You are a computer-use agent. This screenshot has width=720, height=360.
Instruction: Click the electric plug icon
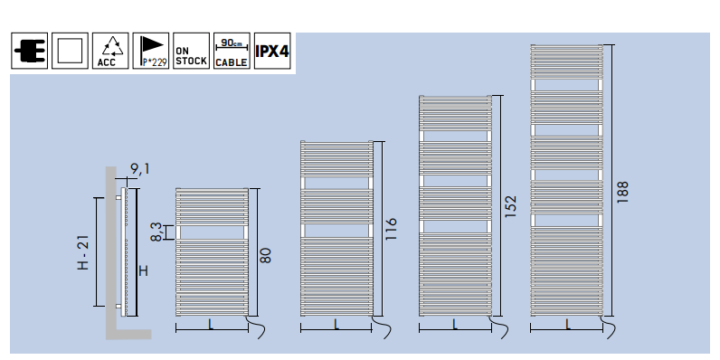29,51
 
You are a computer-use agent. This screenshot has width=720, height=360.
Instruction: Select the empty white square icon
70,51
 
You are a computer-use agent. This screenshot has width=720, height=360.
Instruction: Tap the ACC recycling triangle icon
110,51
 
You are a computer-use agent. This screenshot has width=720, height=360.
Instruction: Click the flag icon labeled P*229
151,51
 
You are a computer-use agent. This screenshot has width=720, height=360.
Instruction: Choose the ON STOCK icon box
192,51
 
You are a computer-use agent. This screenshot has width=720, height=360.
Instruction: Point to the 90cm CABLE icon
232,51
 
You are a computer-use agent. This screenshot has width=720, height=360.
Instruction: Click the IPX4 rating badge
272,51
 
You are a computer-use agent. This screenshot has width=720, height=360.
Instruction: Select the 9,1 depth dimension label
140,169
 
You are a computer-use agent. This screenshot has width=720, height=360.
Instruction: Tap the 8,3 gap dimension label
156,232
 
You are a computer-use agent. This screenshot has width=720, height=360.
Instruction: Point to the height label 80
265,255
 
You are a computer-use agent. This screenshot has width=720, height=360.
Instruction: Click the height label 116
391,229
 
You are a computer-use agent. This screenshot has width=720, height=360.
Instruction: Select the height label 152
510,206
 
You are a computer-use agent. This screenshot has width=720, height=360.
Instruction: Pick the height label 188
621,193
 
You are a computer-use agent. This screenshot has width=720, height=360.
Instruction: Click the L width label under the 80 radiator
211,325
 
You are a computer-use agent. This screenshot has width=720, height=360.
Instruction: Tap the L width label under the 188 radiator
567,325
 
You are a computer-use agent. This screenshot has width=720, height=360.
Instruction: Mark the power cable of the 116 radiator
382,327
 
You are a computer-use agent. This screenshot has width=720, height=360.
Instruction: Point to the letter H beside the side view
143,271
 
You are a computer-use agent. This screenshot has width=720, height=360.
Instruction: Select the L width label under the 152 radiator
455,325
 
